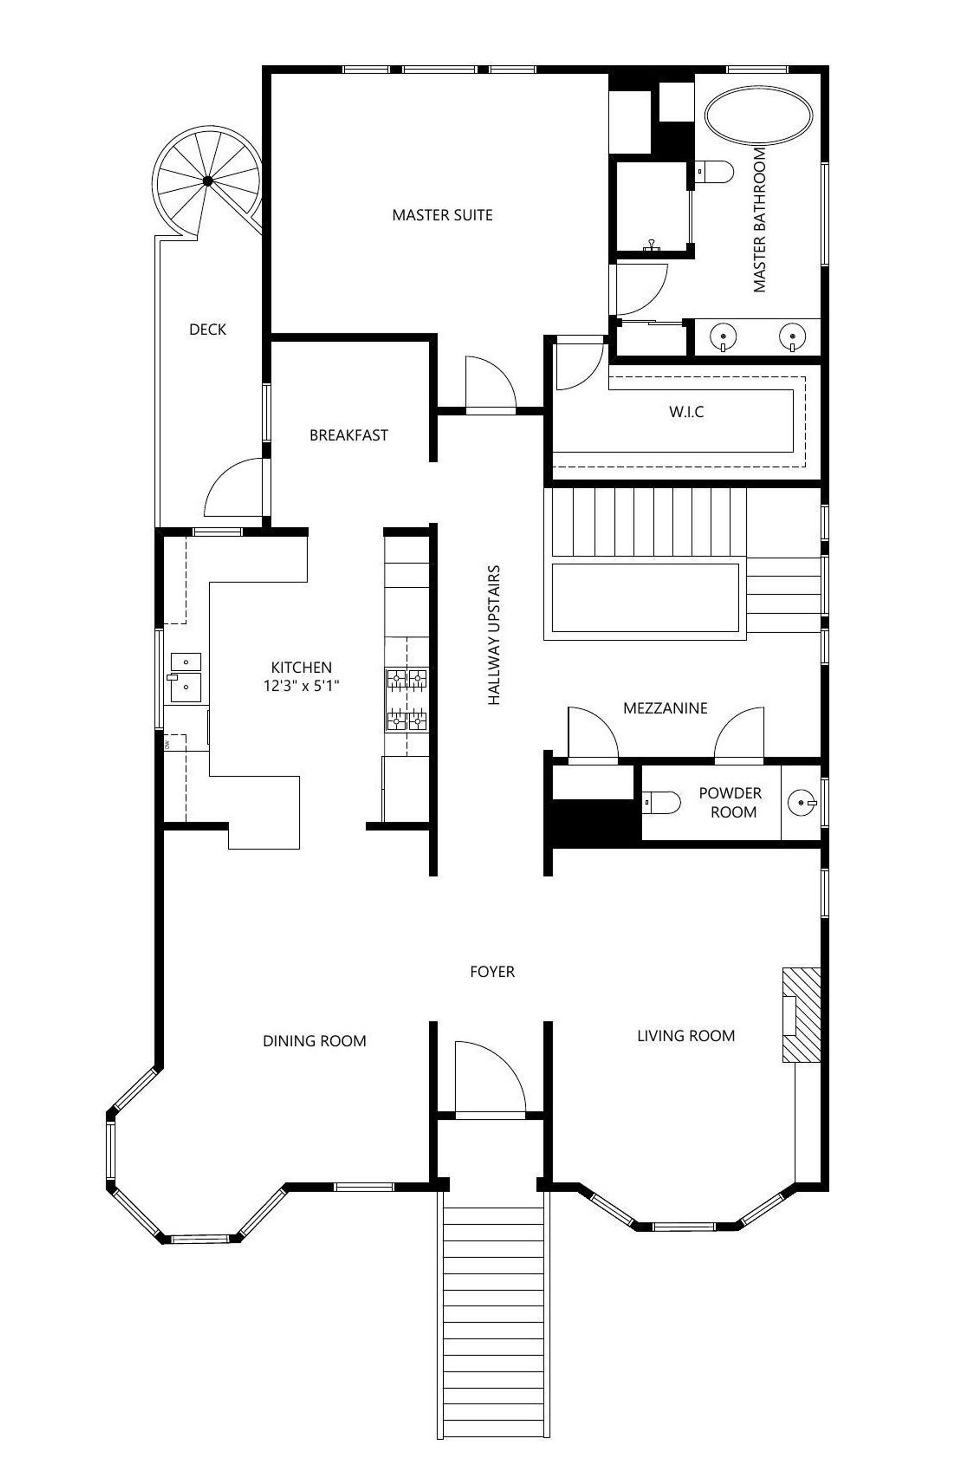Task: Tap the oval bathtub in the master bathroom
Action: [x=758, y=116]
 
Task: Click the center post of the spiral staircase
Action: [x=208, y=181]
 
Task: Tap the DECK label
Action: [x=208, y=330]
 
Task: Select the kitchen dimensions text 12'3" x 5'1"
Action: [x=301, y=687]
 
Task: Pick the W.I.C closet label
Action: [x=686, y=412]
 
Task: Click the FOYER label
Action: [x=492, y=971]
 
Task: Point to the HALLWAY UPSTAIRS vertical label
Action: [x=494, y=635]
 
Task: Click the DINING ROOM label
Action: [x=314, y=1041]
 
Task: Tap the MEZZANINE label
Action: [x=665, y=708]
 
